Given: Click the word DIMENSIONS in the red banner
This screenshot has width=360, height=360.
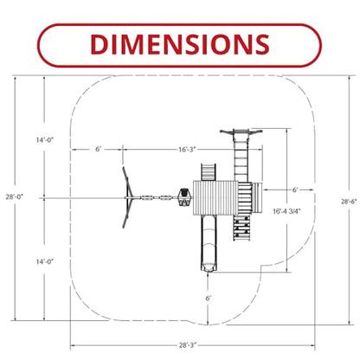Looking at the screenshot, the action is [x=180, y=44].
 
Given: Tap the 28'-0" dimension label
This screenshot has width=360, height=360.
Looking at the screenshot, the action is [x=15, y=197].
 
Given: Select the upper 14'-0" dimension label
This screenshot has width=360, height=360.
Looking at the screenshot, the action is [x=45, y=140].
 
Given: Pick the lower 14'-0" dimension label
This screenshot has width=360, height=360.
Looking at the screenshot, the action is [x=45, y=261].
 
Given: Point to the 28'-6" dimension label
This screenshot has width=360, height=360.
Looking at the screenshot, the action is [x=349, y=202].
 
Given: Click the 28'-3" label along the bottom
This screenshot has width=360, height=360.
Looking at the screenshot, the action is [x=188, y=345].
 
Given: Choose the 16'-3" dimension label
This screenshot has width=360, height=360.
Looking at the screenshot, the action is [x=187, y=150].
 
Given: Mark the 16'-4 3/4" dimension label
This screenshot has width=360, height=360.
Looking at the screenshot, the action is [x=286, y=211].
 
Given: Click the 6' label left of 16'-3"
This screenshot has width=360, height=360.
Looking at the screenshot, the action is [x=99, y=150].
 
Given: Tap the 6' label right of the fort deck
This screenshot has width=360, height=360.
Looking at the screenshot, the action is [x=295, y=190].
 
